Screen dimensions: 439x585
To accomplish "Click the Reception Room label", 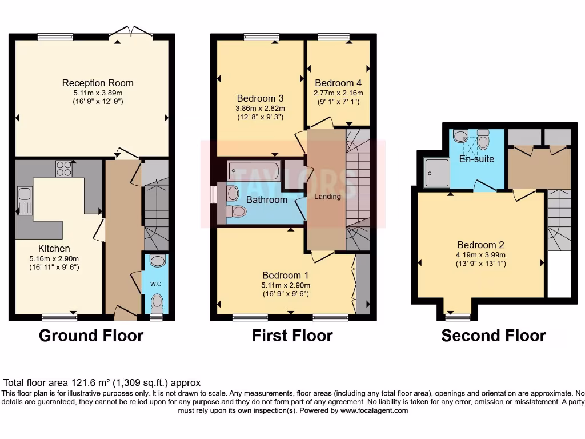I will click(98, 83).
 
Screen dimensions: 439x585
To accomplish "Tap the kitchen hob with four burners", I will click(63, 169).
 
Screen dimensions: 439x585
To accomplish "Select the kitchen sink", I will click(25, 200).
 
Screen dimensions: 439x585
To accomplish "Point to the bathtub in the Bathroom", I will click(254, 171).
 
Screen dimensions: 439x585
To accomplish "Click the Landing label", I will click(327, 197).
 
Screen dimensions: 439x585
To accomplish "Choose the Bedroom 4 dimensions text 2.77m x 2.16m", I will click(338, 93).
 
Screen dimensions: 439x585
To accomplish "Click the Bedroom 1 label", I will click(286, 274).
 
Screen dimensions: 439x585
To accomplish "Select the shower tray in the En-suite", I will click(437, 173).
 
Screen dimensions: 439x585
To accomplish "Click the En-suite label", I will click(476, 158).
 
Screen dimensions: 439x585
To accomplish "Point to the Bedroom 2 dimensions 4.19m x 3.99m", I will click(480, 255).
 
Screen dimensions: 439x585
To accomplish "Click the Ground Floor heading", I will click(91, 336).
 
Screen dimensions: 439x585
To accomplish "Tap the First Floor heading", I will click(292, 336).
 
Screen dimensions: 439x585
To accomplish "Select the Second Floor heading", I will click(493, 336).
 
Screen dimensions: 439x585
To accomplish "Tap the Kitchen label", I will click(54, 248).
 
